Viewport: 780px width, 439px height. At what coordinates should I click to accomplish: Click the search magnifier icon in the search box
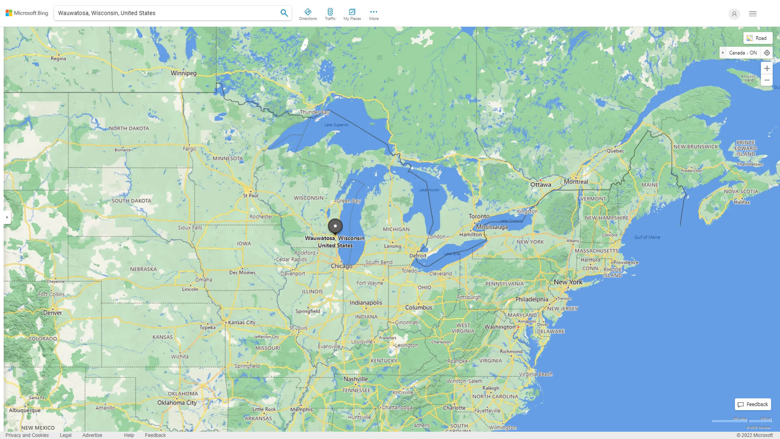click(x=284, y=13)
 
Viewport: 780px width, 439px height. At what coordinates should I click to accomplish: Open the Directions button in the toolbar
click(x=308, y=14)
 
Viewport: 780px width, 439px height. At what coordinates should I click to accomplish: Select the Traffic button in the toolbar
click(x=330, y=14)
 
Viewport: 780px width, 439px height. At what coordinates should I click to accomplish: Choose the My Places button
click(x=352, y=14)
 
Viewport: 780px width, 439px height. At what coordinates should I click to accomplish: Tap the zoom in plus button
click(x=767, y=68)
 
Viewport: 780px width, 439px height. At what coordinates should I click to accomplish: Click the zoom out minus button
click(x=767, y=80)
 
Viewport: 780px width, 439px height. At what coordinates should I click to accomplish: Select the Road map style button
click(x=757, y=38)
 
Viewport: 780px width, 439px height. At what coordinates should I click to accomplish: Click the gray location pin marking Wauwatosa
click(x=335, y=226)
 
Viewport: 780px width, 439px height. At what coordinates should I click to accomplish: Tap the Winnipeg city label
click(x=183, y=73)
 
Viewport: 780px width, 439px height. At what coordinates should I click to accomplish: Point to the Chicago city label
click(x=341, y=266)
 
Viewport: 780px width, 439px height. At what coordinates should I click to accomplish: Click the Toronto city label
click(x=479, y=216)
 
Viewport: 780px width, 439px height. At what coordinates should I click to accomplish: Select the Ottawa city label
click(x=541, y=185)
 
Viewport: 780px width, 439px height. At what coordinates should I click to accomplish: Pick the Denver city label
click(x=52, y=313)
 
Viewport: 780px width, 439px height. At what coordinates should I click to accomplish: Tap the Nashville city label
click(x=355, y=379)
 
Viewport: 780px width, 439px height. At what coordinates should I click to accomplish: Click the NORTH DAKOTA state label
click(x=129, y=128)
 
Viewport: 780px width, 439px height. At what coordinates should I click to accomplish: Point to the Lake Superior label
click(x=336, y=125)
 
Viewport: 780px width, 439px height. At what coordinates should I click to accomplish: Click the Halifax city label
click(x=742, y=202)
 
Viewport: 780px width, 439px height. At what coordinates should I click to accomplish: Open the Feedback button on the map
click(x=753, y=404)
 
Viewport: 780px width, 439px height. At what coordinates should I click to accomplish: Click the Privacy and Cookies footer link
click(x=27, y=435)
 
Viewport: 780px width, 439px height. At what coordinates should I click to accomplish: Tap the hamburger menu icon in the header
click(x=752, y=14)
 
